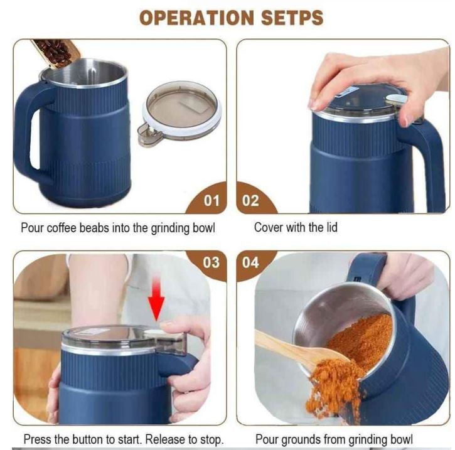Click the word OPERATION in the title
pyautogui.click(x=196, y=18)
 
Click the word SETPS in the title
pyautogui.click(x=292, y=18)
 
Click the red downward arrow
pyautogui.click(x=156, y=298)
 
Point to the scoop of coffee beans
pyautogui.click(x=56, y=52)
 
